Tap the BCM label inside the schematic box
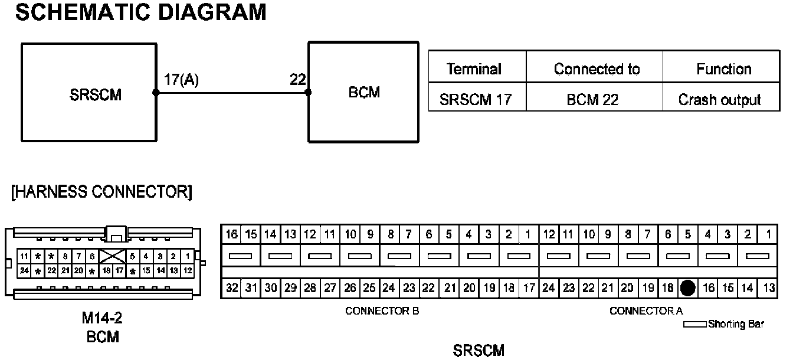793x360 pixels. (x=365, y=92)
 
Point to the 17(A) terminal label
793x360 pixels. (x=181, y=80)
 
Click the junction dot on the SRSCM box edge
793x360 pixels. (x=156, y=93)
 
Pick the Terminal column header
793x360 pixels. (x=474, y=69)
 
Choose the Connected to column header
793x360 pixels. (x=596, y=69)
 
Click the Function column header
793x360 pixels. (x=723, y=69)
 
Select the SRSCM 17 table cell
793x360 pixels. (x=474, y=100)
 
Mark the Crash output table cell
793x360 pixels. (x=720, y=100)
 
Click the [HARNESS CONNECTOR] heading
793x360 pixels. (x=101, y=192)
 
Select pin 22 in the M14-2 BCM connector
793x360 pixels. (x=51, y=270)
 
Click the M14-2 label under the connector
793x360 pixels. (x=102, y=319)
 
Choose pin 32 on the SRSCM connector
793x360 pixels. (x=231, y=289)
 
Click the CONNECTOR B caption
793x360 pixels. (x=382, y=311)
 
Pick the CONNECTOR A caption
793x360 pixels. (x=646, y=311)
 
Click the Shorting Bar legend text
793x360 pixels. (x=736, y=324)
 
